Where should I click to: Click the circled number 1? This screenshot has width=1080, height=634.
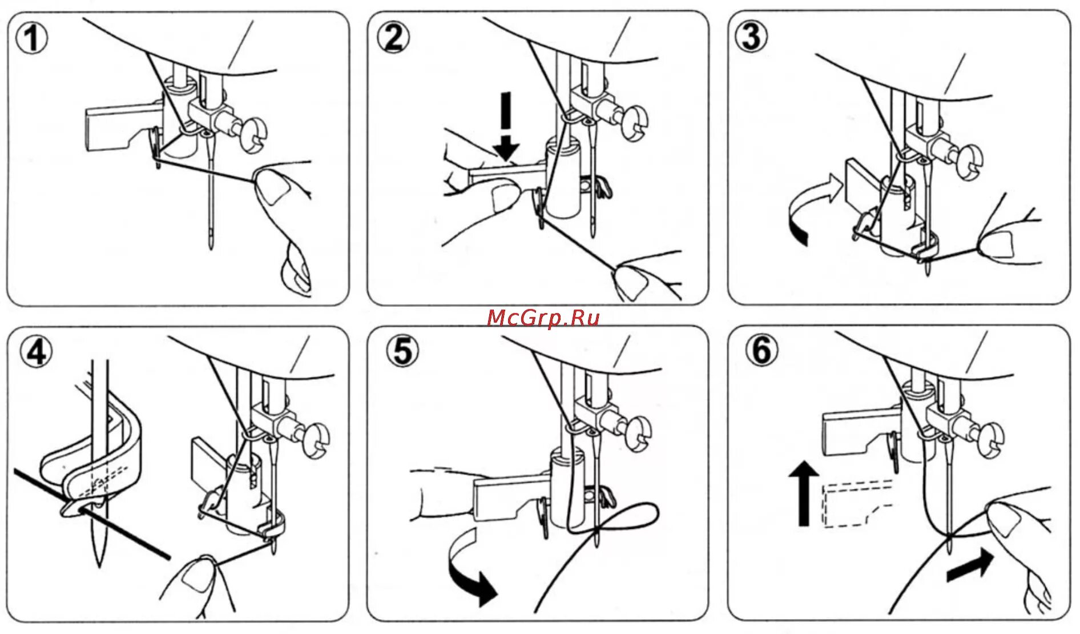[x=32, y=39]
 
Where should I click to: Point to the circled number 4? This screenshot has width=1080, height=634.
[x=36, y=352]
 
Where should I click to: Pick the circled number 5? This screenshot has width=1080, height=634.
[x=402, y=351]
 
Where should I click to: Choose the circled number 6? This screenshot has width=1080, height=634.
[x=762, y=350]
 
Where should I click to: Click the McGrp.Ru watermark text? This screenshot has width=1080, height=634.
[x=543, y=317]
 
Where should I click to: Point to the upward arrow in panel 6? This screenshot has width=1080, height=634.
[x=804, y=493]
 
